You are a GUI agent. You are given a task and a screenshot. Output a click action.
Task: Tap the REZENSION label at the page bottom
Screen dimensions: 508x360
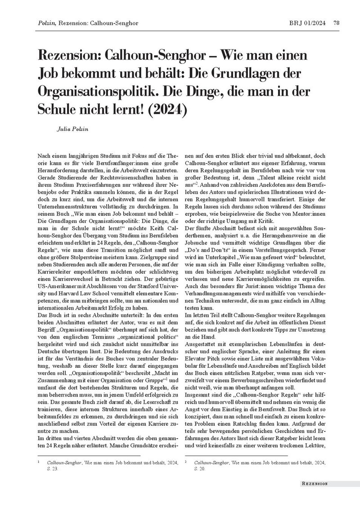(x=315, y=484)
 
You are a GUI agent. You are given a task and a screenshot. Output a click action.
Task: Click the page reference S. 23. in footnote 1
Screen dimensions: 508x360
(x=53, y=468)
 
